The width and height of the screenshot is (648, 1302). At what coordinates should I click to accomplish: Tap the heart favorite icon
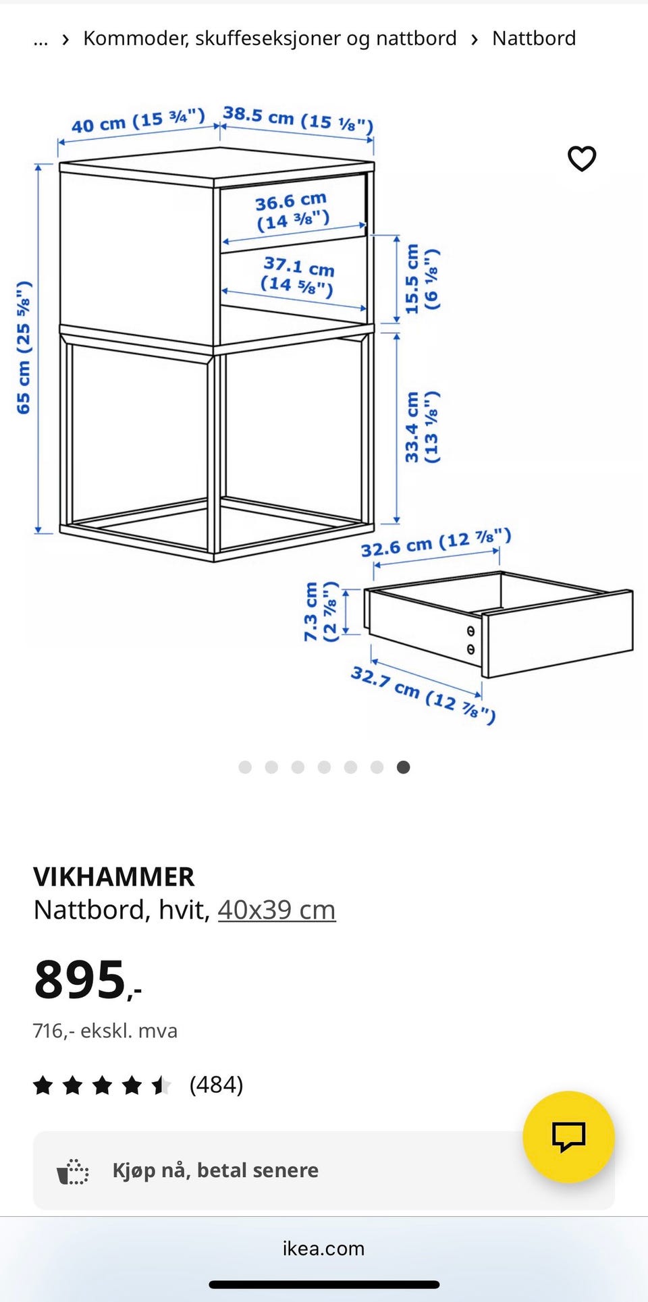tap(582, 159)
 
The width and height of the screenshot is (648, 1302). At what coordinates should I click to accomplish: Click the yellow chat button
tap(568, 1137)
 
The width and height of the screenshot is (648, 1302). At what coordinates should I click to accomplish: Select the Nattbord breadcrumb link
tap(534, 38)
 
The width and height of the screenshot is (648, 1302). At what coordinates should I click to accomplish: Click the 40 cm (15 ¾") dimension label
tap(138, 121)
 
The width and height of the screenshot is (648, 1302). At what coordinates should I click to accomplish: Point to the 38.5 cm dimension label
tap(298, 119)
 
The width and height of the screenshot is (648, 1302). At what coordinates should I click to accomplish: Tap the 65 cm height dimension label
tap(24, 347)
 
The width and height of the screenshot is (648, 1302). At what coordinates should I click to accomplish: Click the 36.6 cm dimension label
tap(292, 211)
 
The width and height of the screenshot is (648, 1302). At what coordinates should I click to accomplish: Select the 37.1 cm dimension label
tap(298, 276)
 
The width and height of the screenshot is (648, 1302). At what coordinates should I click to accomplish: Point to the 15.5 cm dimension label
tap(421, 279)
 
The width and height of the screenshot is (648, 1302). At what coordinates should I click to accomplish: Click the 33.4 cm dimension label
tap(421, 427)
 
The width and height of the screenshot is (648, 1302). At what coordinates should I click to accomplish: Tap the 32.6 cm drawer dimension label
tap(435, 543)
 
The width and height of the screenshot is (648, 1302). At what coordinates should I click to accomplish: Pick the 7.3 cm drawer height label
tap(319, 611)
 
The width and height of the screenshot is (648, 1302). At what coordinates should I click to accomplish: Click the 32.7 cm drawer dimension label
tap(423, 694)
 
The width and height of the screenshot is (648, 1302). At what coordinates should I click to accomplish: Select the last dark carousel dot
tap(403, 767)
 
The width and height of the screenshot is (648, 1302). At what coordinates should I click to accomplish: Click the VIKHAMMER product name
tap(114, 877)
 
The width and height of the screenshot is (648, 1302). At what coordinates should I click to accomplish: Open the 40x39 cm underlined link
tap(277, 910)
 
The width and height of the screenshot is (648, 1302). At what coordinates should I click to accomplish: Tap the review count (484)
tap(216, 1085)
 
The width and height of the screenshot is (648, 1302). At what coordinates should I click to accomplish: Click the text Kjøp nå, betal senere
tap(215, 1170)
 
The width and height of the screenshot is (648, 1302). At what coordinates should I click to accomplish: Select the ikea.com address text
tap(324, 1248)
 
